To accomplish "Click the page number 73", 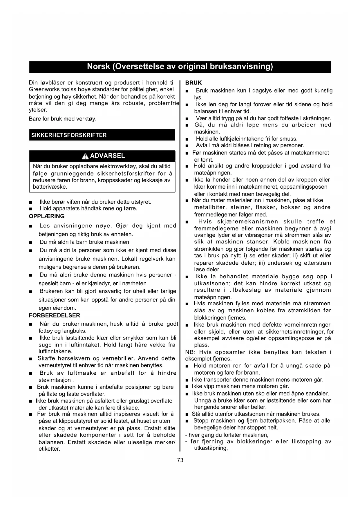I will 180,460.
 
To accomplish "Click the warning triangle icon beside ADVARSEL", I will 85,156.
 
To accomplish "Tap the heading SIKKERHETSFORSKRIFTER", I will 69,135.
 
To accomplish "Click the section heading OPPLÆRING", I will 47,216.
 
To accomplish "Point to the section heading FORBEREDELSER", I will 55,315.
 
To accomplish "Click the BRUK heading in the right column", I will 193,83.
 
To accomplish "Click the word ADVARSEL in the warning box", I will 107,156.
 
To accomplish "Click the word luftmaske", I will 82,373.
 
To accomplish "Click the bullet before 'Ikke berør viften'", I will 31,202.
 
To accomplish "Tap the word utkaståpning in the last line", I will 210,448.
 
